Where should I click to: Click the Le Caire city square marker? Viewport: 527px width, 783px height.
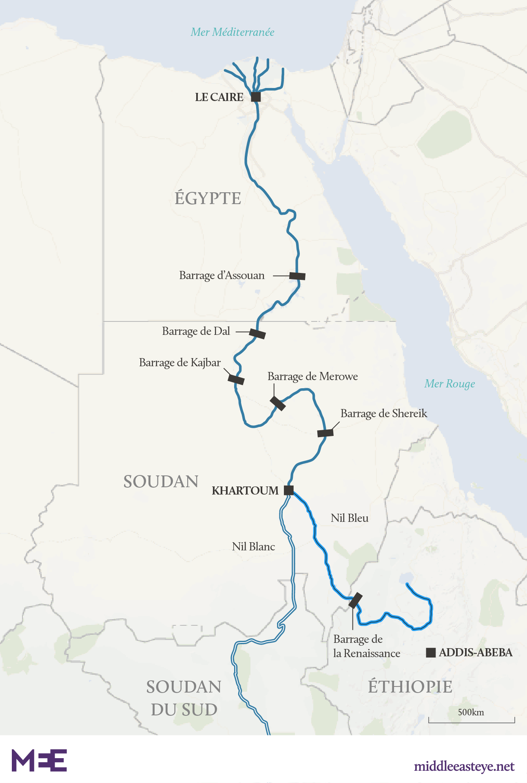tap(256, 97)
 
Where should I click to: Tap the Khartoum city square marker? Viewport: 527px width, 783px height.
tap(288, 490)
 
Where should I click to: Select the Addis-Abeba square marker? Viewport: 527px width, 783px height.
tap(431, 653)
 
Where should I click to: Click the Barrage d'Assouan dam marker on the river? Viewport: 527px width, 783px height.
tap(297, 276)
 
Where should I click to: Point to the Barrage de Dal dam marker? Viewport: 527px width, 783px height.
tap(257, 334)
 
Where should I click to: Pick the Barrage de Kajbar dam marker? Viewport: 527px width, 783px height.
tap(236, 379)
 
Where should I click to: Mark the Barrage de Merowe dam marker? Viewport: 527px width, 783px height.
tap(278, 403)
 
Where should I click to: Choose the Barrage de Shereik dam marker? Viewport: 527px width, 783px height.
tap(325, 433)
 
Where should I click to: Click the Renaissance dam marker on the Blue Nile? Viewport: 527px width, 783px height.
tap(355, 600)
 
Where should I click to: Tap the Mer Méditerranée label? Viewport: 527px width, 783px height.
tap(232, 32)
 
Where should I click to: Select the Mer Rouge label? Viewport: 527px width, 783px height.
tap(449, 384)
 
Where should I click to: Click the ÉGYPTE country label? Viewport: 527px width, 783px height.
tap(208, 198)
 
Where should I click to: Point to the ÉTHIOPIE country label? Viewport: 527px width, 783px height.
tap(410, 686)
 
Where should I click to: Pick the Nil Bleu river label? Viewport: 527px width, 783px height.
tap(350, 518)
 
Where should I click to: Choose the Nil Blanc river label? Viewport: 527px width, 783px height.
tap(253, 547)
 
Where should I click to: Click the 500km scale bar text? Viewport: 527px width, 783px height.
tap(471, 712)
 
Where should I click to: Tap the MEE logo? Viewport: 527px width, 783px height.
tap(39, 760)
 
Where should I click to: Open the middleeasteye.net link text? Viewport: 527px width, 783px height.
tap(464, 766)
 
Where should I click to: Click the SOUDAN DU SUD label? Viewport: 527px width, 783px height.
tap(184, 698)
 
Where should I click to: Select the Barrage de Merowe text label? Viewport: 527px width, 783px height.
tap(312, 376)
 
